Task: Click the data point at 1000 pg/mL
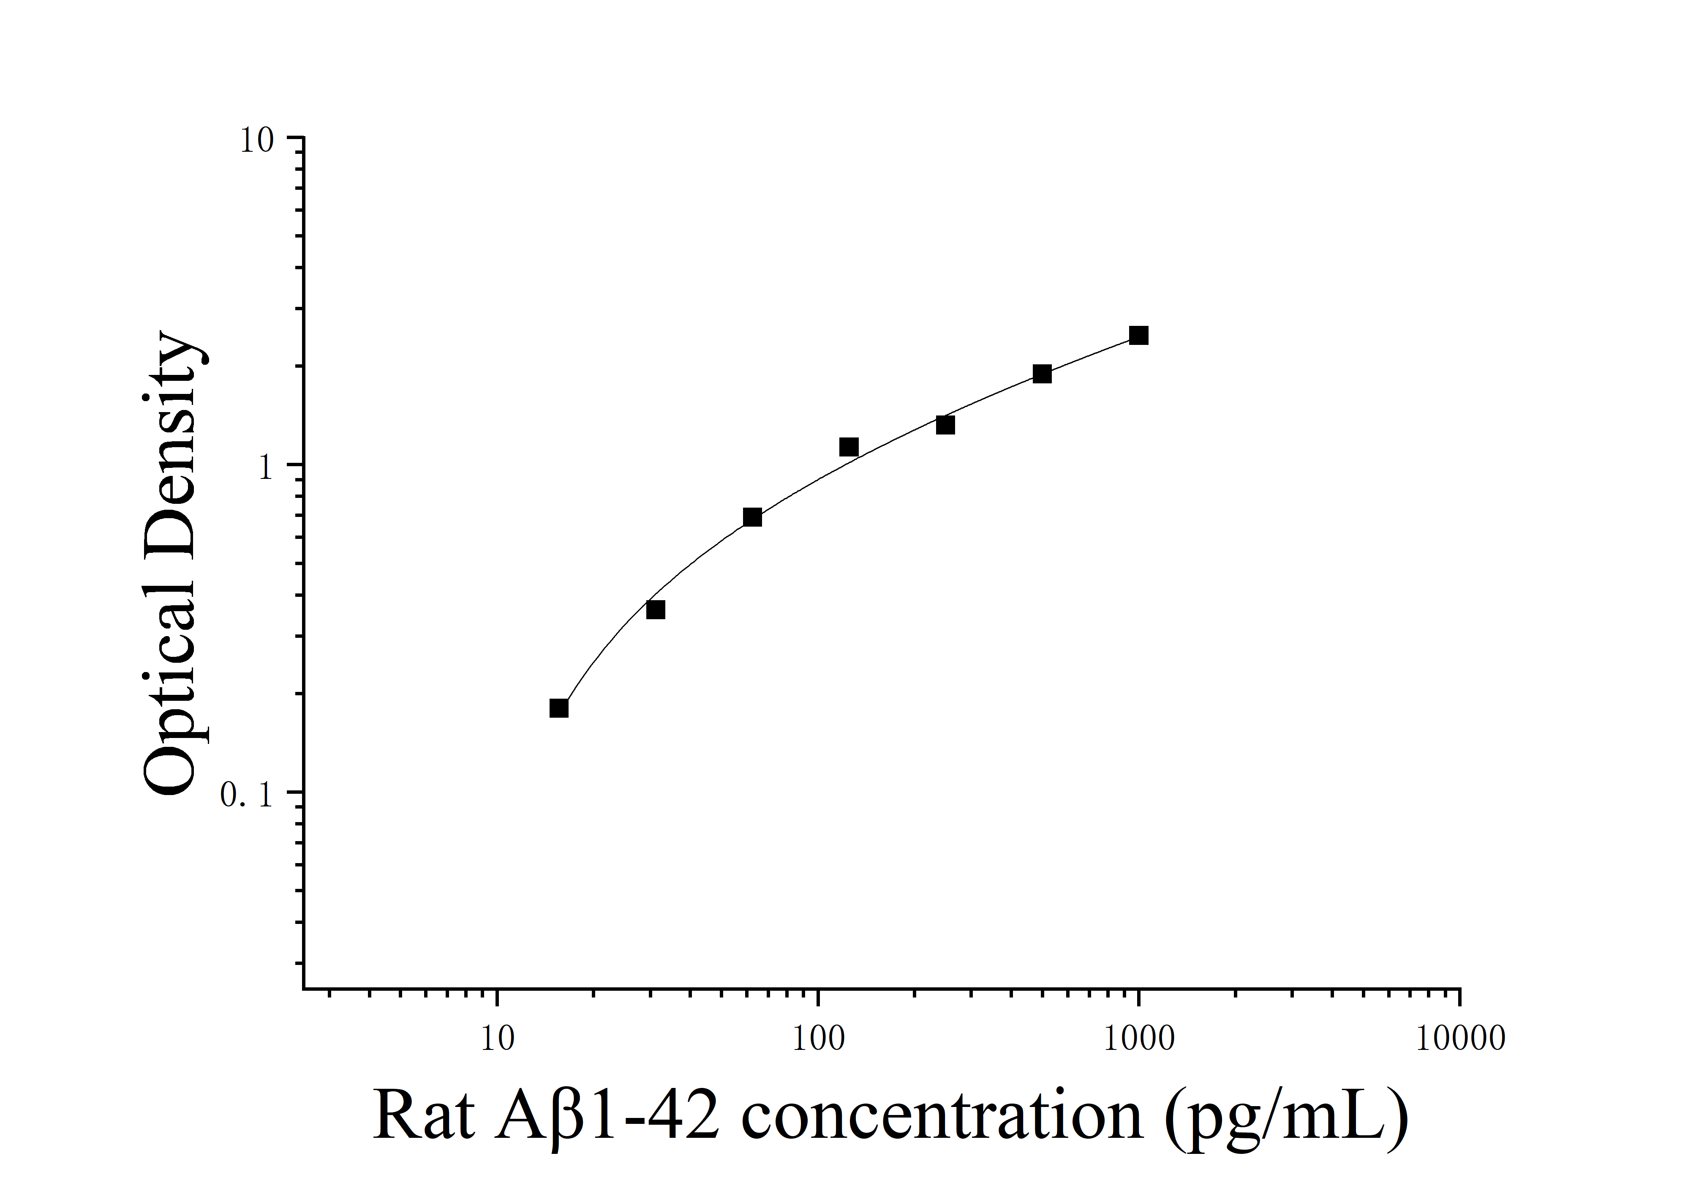pyautogui.click(x=1138, y=336)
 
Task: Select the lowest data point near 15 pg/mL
pyautogui.click(x=559, y=708)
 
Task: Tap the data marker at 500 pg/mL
pyautogui.click(x=1042, y=374)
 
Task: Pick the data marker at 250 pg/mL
pyautogui.click(x=945, y=425)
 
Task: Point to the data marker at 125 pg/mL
pyautogui.click(x=849, y=447)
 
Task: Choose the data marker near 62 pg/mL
pyautogui.click(x=752, y=517)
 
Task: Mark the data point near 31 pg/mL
pyautogui.click(x=655, y=609)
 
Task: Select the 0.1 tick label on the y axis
pyautogui.click(x=247, y=795)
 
